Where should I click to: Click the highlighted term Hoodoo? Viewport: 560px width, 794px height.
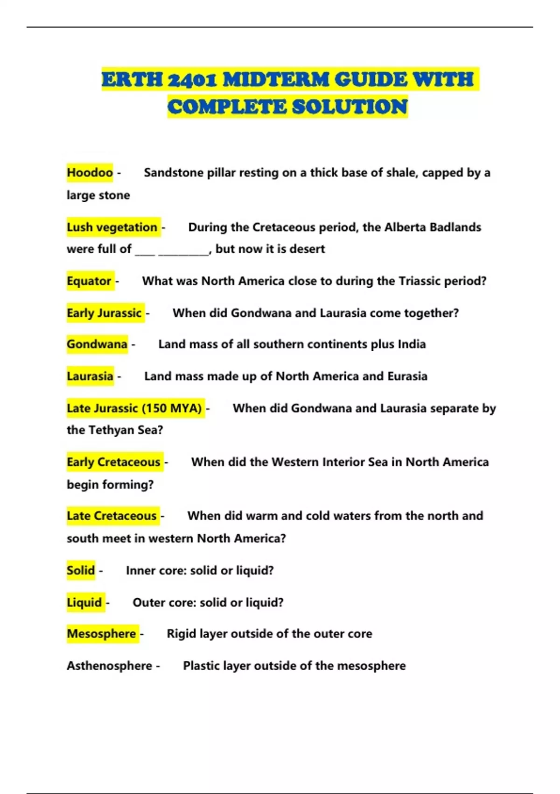pos(90,173)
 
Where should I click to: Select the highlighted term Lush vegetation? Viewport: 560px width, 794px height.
pos(112,227)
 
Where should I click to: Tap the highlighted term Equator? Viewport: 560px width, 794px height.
pos(89,281)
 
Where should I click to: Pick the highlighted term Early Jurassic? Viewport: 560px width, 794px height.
pos(104,313)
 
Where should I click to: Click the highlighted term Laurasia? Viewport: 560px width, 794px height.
pos(90,376)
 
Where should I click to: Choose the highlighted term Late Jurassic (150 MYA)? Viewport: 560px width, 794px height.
pos(134,408)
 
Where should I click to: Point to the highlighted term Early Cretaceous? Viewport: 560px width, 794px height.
pos(113,462)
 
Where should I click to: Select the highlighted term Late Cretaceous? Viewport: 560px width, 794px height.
pos(112,516)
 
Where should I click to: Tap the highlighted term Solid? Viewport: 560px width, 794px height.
pos(81,570)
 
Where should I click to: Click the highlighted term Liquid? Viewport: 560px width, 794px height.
pos(84,603)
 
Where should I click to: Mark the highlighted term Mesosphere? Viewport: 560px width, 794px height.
pos(101,634)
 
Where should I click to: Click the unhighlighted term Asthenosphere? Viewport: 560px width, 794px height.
pos(109,666)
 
